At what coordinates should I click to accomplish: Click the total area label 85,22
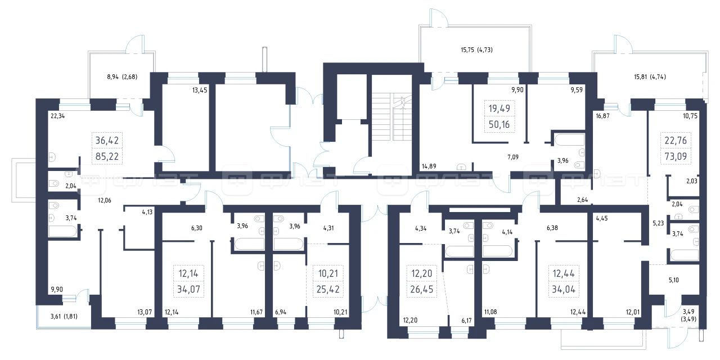click(x=107, y=156)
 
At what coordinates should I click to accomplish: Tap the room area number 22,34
click(x=57, y=116)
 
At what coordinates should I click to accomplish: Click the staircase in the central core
click(x=391, y=116)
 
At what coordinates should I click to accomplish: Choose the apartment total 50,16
click(x=499, y=124)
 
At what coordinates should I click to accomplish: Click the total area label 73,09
click(x=676, y=156)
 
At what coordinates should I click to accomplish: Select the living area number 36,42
click(x=107, y=141)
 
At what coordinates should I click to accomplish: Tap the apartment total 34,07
click(x=188, y=289)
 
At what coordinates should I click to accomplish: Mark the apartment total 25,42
click(x=328, y=289)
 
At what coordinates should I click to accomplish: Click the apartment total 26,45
click(x=422, y=289)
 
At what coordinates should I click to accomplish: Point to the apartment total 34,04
click(x=564, y=289)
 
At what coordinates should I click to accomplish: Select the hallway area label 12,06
click(x=105, y=201)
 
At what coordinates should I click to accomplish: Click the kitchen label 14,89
click(x=429, y=166)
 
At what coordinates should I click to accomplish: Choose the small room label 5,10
click(x=674, y=280)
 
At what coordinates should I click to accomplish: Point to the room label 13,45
click(x=200, y=91)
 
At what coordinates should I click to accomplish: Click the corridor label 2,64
click(x=582, y=200)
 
